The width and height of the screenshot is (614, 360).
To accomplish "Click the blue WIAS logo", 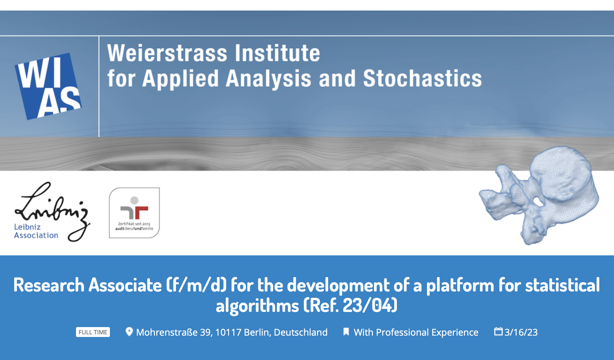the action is [48, 86].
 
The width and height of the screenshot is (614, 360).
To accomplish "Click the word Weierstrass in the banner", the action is [167, 53].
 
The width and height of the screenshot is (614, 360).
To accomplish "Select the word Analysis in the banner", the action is [269, 79].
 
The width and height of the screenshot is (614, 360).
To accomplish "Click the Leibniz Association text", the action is [36, 231].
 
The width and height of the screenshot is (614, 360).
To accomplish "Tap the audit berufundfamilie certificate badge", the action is [134, 213].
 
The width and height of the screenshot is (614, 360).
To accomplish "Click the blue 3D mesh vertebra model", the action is [539, 195].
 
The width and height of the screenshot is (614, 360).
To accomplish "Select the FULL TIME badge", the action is [93, 332].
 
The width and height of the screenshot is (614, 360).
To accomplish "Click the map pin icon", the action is [129, 332].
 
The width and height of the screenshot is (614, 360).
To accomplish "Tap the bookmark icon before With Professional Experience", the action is [346, 332].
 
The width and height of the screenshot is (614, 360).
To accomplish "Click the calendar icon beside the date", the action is [499, 331].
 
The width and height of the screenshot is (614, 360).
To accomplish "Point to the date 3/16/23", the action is [521, 332].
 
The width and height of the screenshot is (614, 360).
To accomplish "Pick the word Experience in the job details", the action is [455, 333].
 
